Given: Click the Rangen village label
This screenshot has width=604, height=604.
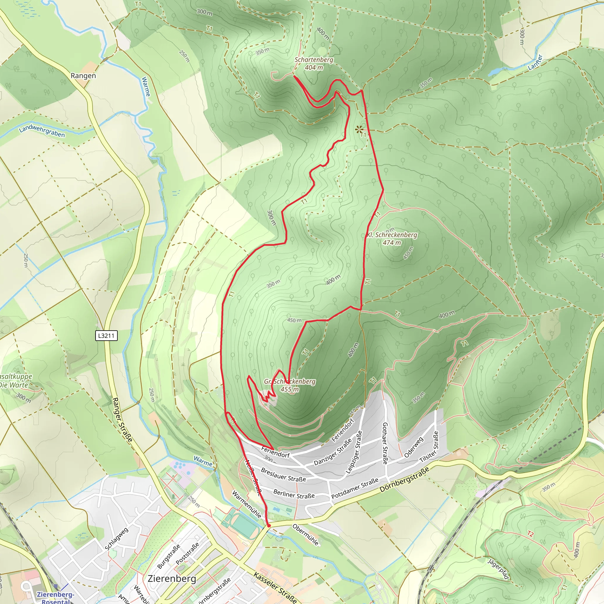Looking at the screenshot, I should (83, 76).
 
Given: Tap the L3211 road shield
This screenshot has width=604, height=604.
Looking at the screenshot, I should (106, 336).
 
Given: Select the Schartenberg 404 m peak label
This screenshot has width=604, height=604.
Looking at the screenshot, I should (314, 63).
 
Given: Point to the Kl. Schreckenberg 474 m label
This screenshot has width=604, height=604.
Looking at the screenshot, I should (392, 239).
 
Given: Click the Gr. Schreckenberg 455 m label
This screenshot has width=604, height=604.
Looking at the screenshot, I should (290, 385).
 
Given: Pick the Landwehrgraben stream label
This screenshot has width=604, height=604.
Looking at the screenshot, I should (42, 131).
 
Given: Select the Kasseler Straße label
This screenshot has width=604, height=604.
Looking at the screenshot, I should (275, 588).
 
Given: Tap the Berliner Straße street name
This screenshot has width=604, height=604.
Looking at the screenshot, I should (294, 494).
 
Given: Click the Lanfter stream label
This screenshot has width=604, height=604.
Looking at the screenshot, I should (535, 62).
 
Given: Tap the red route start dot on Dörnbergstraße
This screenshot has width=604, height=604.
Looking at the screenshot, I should (269, 526).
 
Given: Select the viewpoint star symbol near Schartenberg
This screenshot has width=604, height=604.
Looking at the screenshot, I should (359, 129).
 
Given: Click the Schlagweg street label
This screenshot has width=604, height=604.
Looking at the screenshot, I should (116, 539).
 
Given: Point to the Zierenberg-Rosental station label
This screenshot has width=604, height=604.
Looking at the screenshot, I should (56, 597).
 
